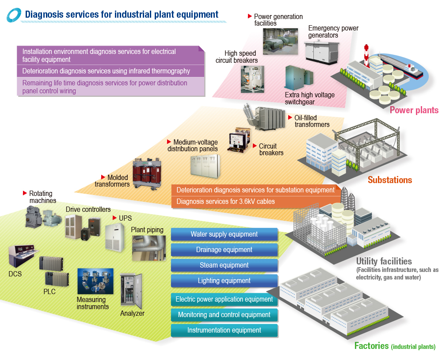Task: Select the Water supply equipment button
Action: pyautogui.click(x=224, y=234)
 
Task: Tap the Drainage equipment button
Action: pyautogui.click(x=224, y=250)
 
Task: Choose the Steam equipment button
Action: pyautogui.click(x=224, y=265)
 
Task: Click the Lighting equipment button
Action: pyautogui.click(x=224, y=281)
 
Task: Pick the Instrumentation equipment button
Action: pyautogui.click(x=224, y=330)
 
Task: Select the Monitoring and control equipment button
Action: pyautogui.click(x=224, y=315)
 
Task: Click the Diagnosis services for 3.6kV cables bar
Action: pyautogui.click(x=225, y=202)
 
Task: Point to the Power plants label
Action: pyautogui.click(x=414, y=110)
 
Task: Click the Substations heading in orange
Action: pyautogui.click(x=390, y=180)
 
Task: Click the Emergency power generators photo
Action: pyautogui.click(x=322, y=53)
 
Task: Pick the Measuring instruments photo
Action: pyautogui.click(x=95, y=281)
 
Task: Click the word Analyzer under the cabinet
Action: pyautogui.click(x=132, y=314)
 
